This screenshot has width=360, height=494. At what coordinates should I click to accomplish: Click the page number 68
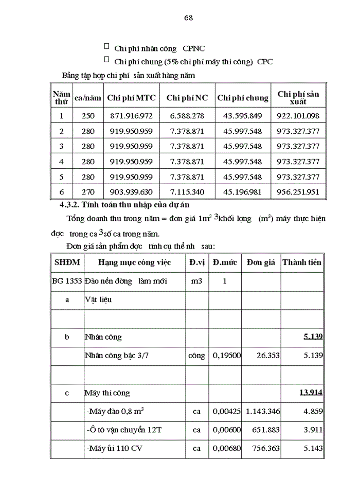[x=188, y=17]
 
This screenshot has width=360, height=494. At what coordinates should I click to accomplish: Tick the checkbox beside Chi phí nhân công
[x=106, y=47]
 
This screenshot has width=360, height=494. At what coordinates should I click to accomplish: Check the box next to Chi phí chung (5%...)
[x=106, y=60]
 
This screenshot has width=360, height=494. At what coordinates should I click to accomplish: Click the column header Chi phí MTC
[x=131, y=98]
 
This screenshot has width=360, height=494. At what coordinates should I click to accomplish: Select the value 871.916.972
[x=131, y=116]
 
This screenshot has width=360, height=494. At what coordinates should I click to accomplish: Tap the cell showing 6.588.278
[x=187, y=116]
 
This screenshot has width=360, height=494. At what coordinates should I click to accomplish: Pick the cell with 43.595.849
[x=242, y=116]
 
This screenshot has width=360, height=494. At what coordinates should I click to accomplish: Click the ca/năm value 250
[x=88, y=116]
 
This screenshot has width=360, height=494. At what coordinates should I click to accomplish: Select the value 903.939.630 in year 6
[x=131, y=192]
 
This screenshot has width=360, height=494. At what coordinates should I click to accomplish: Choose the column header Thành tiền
[x=302, y=262]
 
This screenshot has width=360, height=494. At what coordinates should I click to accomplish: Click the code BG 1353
[x=67, y=281]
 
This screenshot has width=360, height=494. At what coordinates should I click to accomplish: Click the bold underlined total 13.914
[x=311, y=393]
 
